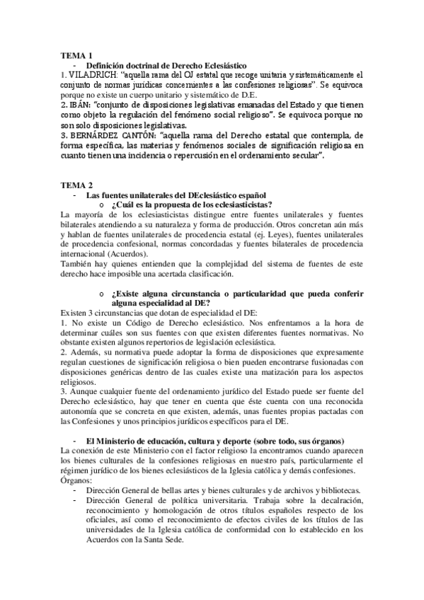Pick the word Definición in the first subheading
coord(108,65)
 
